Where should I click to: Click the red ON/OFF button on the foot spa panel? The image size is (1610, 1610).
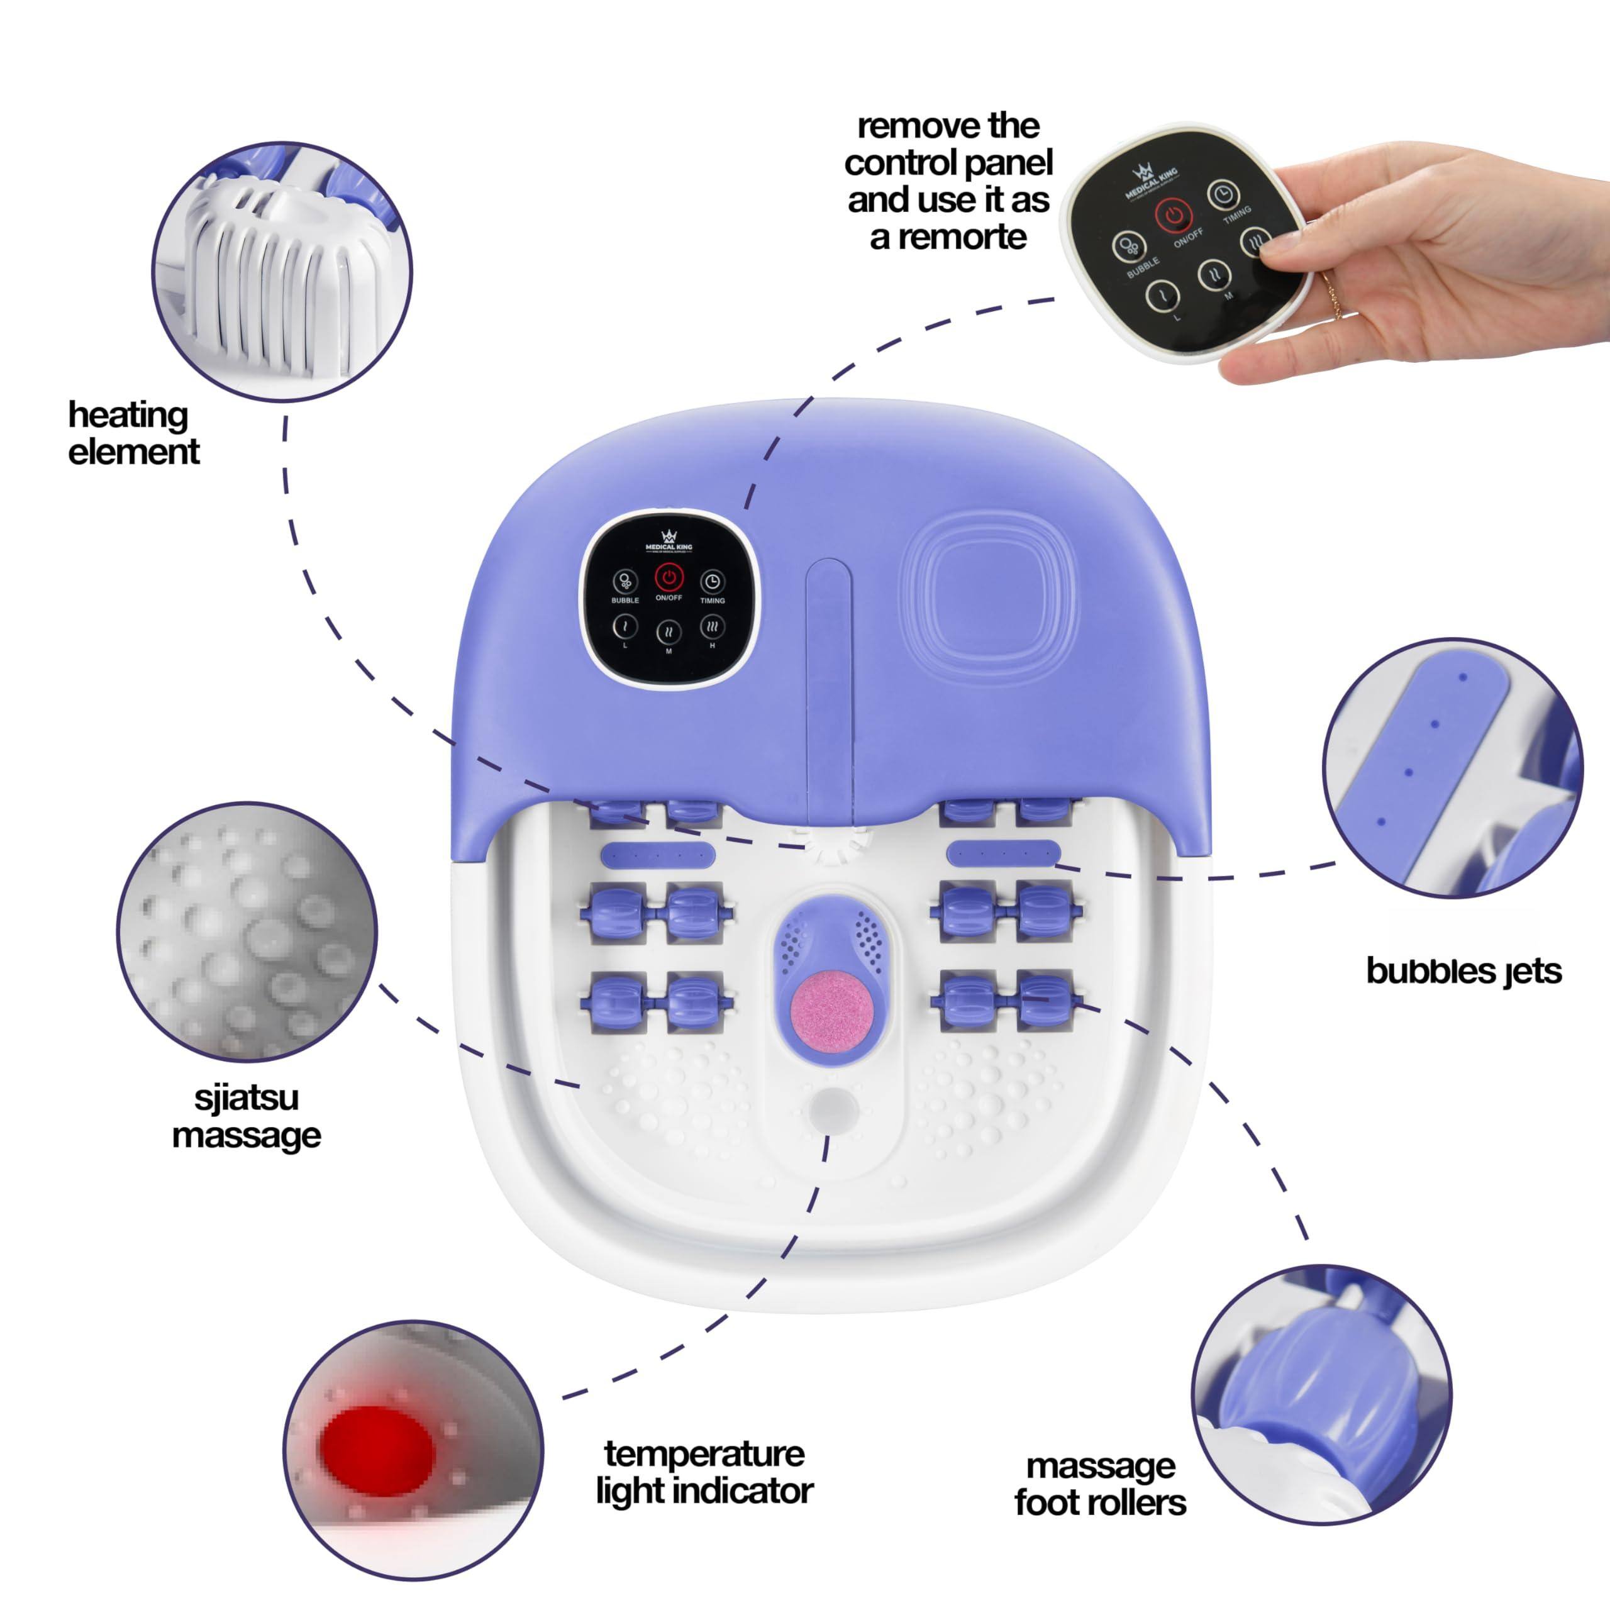tap(669, 577)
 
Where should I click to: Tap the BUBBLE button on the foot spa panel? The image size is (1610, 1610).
tap(625, 581)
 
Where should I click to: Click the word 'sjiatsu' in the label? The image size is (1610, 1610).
tap(247, 1097)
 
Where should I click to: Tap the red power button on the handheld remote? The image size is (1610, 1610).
tap(1174, 216)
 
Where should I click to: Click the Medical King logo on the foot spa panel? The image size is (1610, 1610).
tap(669, 540)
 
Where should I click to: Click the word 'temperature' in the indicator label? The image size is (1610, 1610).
tap(704, 1454)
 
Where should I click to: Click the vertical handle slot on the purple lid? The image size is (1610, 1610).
tap(828, 675)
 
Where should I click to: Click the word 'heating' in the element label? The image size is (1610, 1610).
tap(128, 415)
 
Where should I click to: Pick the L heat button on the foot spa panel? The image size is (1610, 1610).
tap(625, 626)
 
